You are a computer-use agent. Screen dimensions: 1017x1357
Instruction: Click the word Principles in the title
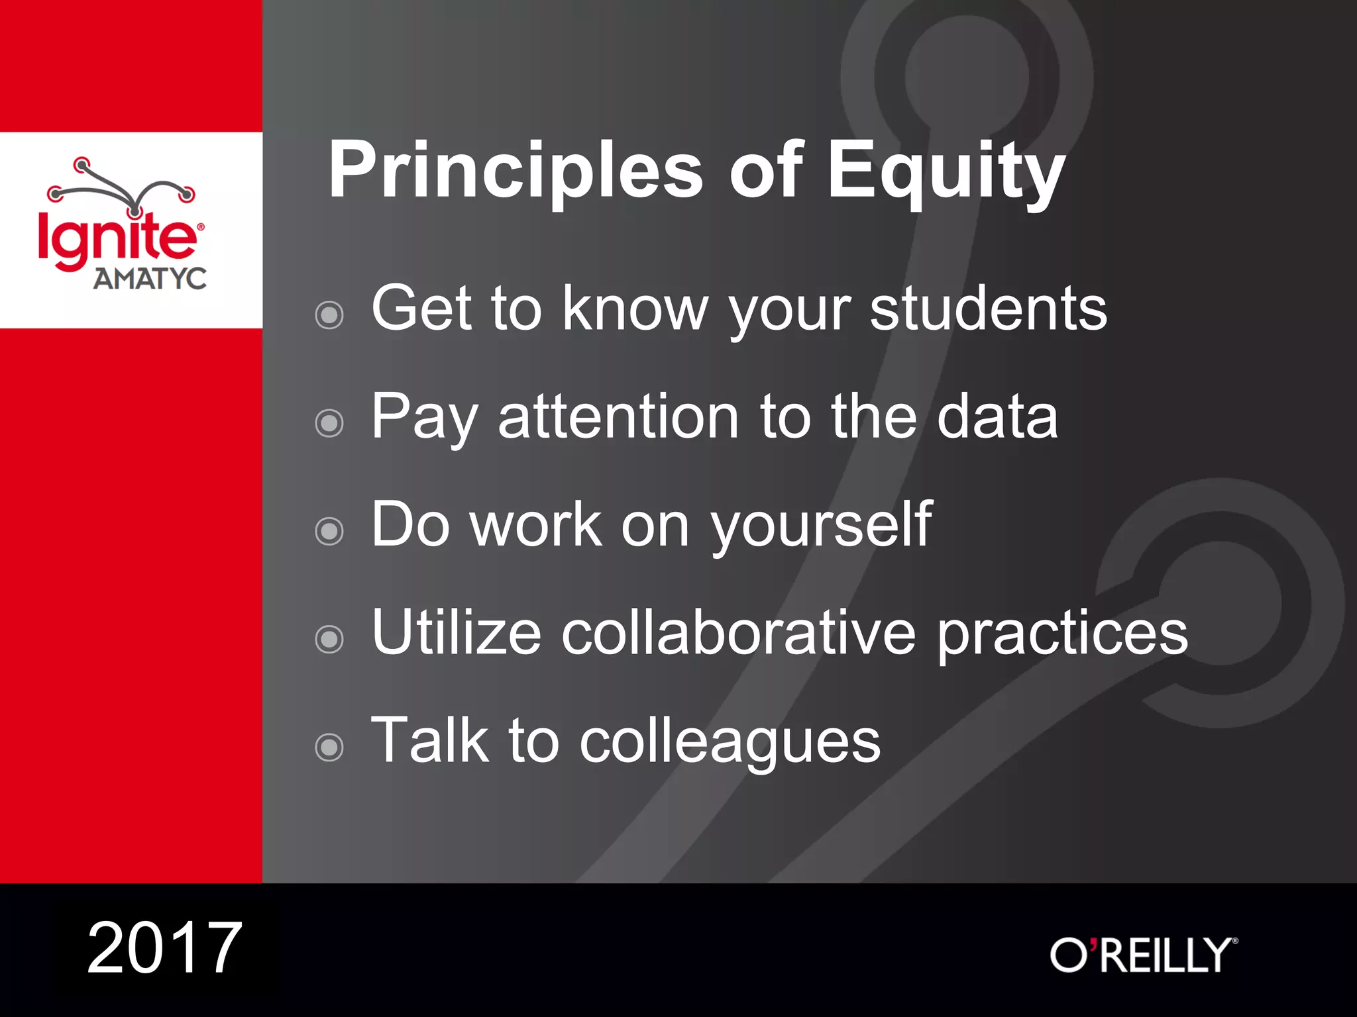pyautogui.click(x=516, y=171)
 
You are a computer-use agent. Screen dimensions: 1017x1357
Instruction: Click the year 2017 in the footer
pyautogui.click(x=164, y=948)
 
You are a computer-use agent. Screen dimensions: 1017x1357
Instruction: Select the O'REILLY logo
pyautogui.click(x=1143, y=955)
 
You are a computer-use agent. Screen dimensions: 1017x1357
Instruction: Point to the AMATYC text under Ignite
pyautogui.click(x=150, y=279)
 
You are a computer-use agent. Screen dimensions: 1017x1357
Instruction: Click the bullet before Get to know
pyautogui.click(x=329, y=315)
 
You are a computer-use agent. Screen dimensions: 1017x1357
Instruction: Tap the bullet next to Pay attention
pyautogui.click(x=329, y=423)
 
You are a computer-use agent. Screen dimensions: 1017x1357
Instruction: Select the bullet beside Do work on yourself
pyautogui.click(x=329, y=531)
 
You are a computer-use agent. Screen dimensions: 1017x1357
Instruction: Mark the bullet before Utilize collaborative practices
pyautogui.click(x=329, y=639)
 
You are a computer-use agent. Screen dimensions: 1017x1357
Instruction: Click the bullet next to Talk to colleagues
pyautogui.click(x=329, y=748)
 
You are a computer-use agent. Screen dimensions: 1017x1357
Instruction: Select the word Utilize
pyautogui.click(x=457, y=634)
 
